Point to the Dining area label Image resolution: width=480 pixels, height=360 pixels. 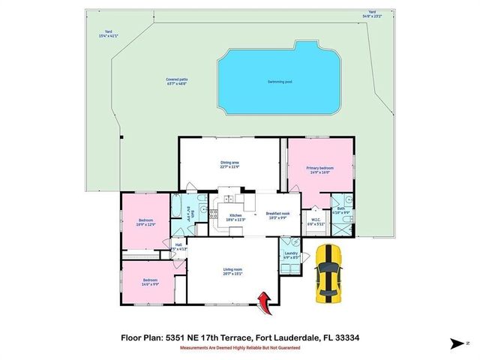229,164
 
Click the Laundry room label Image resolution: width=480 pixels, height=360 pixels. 291,254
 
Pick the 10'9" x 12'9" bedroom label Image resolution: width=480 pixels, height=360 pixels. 145,222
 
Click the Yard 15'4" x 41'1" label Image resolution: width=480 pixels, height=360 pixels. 109,34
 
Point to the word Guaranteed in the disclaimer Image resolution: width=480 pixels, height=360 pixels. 284,348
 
